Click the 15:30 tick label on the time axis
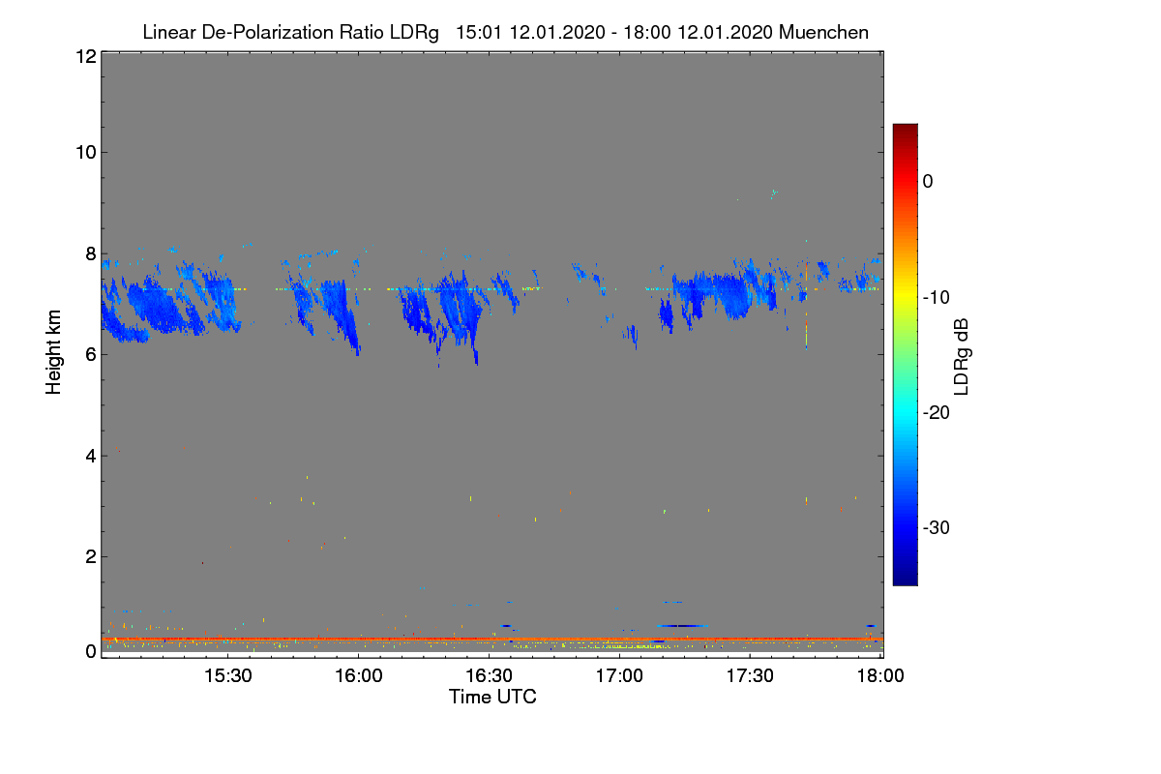tap(227, 677)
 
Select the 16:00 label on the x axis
tap(358, 677)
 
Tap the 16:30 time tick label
tap(489, 677)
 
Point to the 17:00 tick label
tap(619, 677)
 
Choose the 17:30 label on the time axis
tap(750, 677)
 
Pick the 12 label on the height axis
tap(84, 56)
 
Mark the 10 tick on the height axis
tap(84, 152)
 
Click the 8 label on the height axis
tap(89, 253)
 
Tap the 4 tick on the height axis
tap(89, 455)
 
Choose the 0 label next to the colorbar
tap(928, 181)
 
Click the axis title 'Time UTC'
tap(492, 697)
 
